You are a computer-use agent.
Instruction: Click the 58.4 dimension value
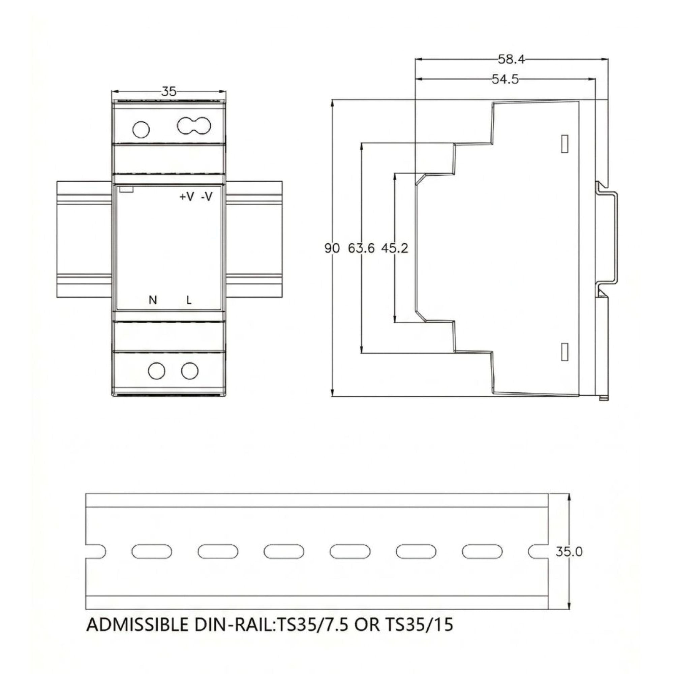[511, 59]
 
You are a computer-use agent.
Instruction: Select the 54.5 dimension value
[505, 80]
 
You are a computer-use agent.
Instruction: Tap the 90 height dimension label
[332, 248]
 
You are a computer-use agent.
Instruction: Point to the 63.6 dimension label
[361, 248]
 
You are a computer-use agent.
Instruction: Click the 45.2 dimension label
[395, 248]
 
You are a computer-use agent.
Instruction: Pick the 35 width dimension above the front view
[169, 92]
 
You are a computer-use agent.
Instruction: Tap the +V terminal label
[187, 197]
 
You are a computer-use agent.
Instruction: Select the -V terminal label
[207, 197]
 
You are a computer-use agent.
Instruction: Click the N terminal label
[153, 300]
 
